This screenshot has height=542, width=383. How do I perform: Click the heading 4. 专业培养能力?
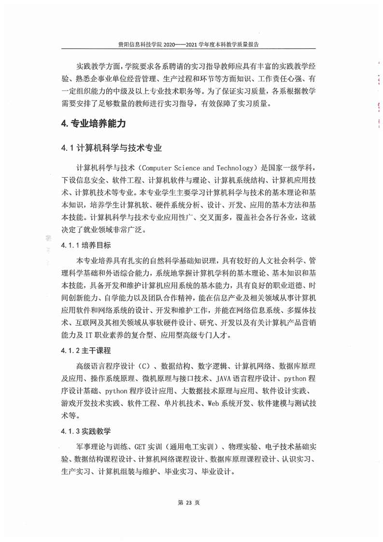tap(94, 124)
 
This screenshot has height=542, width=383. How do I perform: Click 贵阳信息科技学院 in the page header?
tap(141, 44)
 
